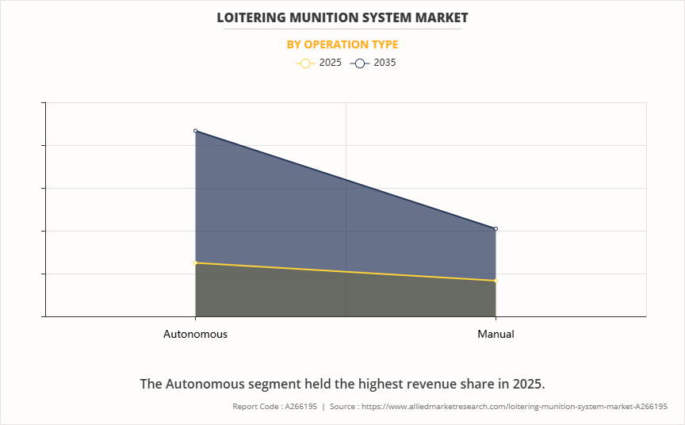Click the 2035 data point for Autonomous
[x=196, y=131]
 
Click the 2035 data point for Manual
[x=496, y=229]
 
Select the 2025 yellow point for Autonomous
[x=196, y=262]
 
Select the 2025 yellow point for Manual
[x=496, y=281]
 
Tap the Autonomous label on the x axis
[x=195, y=334]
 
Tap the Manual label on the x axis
[x=496, y=334]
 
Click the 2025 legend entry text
[x=331, y=63]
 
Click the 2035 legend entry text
[x=385, y=63]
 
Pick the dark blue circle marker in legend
[x=359, y=63]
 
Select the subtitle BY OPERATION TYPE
[x=342, y=44]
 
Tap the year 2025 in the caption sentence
[x=527, y=384]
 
